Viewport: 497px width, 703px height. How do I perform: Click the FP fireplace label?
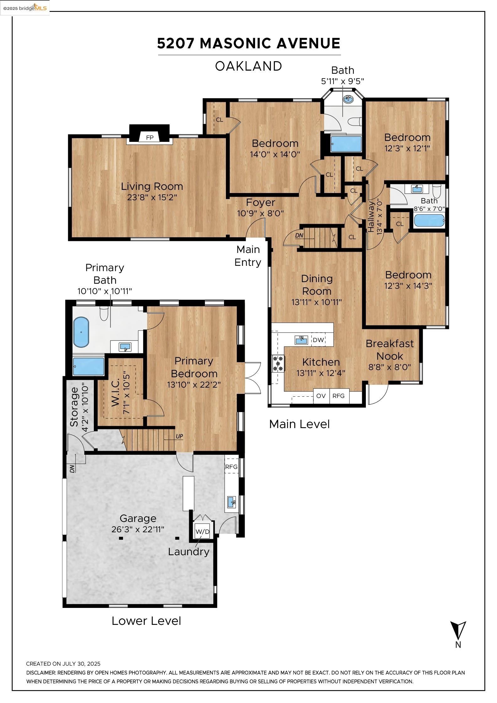pos(150,137)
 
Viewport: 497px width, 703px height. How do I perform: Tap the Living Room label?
pos(152,186)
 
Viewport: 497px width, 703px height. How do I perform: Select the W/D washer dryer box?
pos(202,531)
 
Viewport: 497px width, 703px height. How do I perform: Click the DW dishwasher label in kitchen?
pos(318,340)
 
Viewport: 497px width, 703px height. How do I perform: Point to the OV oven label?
pos(321,396)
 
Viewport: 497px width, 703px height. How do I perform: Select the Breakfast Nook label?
pos(390,350)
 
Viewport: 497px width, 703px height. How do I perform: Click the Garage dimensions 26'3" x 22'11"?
pos(138,529)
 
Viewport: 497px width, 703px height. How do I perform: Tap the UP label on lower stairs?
pos(179,436)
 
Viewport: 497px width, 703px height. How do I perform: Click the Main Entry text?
pos(248,256)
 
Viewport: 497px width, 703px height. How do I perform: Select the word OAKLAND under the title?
pos(248,66)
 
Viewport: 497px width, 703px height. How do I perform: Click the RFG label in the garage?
pos(231,467)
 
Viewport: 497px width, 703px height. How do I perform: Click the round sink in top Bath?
pos(348,99)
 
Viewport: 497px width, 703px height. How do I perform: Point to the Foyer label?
pos(260,202)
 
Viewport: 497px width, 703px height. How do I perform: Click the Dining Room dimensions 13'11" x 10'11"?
pos(316,302)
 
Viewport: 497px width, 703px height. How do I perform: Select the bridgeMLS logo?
pos(25,8)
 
